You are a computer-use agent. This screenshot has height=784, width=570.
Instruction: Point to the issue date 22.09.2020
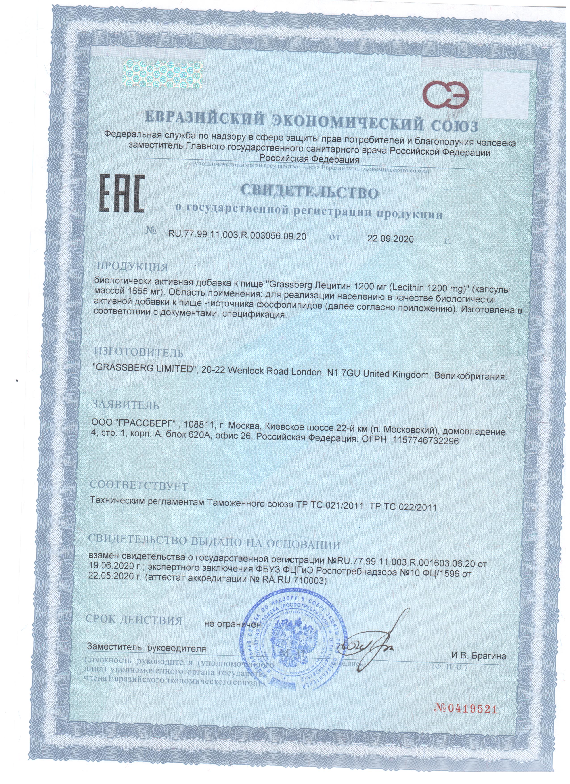[390, 239]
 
